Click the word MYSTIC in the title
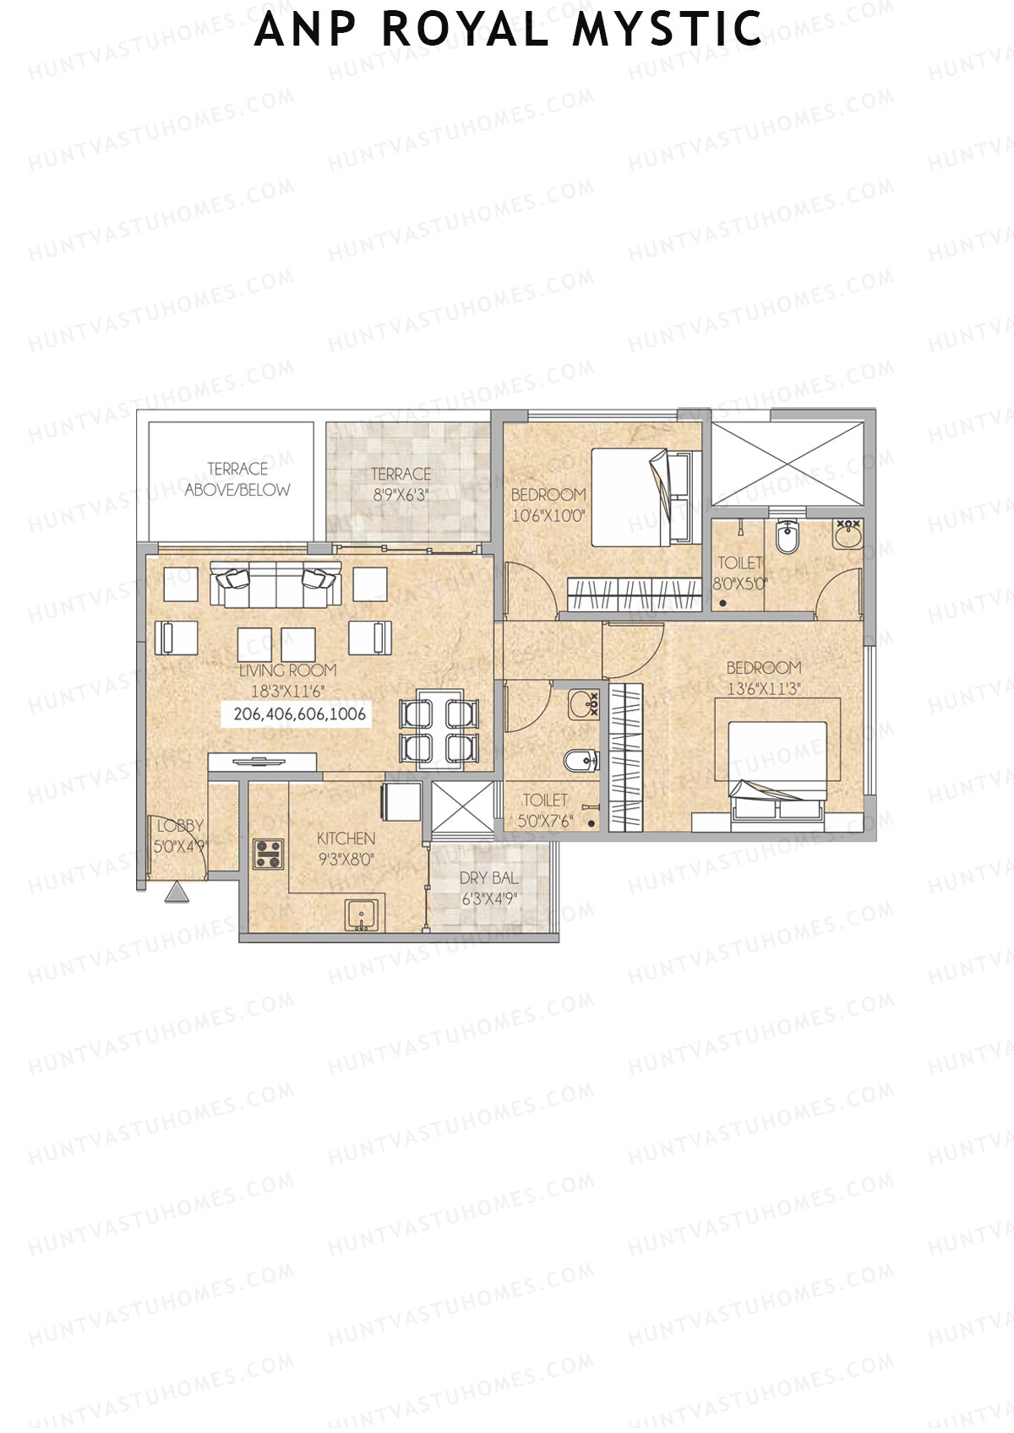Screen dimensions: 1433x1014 (668, 30)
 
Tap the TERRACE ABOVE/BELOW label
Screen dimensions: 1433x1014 (237, 479)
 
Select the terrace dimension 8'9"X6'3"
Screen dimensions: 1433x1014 (401, 496)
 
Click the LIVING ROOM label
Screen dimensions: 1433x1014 (287, 670)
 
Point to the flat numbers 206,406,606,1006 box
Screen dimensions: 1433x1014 (299, 714)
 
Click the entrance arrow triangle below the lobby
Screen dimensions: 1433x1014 (177, 893)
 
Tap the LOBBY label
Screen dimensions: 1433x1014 (180, 826)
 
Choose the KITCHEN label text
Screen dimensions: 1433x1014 (346, 839)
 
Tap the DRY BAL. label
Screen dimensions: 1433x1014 (489, 878)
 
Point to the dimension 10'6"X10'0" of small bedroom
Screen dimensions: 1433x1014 (548, 516)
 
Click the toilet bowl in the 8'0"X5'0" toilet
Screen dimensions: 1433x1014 (788, 536)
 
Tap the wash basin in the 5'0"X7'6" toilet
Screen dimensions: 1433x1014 (582, 703)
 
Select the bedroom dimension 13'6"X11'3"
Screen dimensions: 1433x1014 (764, 689)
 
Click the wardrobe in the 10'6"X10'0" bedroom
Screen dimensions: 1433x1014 (635, 594)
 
